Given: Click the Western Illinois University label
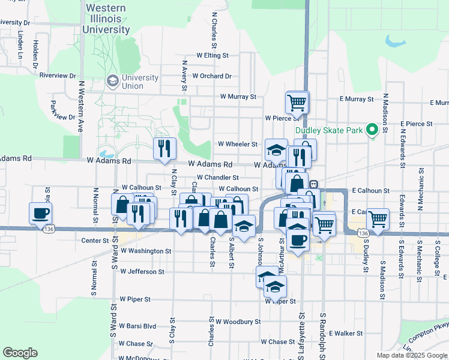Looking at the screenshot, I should pos(106,19).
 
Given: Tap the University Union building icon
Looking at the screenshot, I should pos(112,80).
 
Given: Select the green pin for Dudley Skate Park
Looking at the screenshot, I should pos(372,129).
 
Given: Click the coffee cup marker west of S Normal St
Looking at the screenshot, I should pos(40,213).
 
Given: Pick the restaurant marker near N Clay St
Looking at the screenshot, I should pos(164,148).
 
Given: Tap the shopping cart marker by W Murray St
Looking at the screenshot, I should pos(297,102).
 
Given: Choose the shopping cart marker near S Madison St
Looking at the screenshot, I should pos(378,219).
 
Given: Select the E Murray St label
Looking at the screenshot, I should pos(357,98).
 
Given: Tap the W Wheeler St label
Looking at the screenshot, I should pos(237,144).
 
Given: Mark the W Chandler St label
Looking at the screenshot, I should pos(218,178).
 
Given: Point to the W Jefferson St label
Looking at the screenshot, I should pos(142,271).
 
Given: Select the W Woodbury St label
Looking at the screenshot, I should pos(239,322).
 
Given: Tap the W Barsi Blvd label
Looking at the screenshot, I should pos(137,326).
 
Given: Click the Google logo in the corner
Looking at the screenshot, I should pos(20,352).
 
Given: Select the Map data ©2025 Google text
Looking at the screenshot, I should pos(412,355).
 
